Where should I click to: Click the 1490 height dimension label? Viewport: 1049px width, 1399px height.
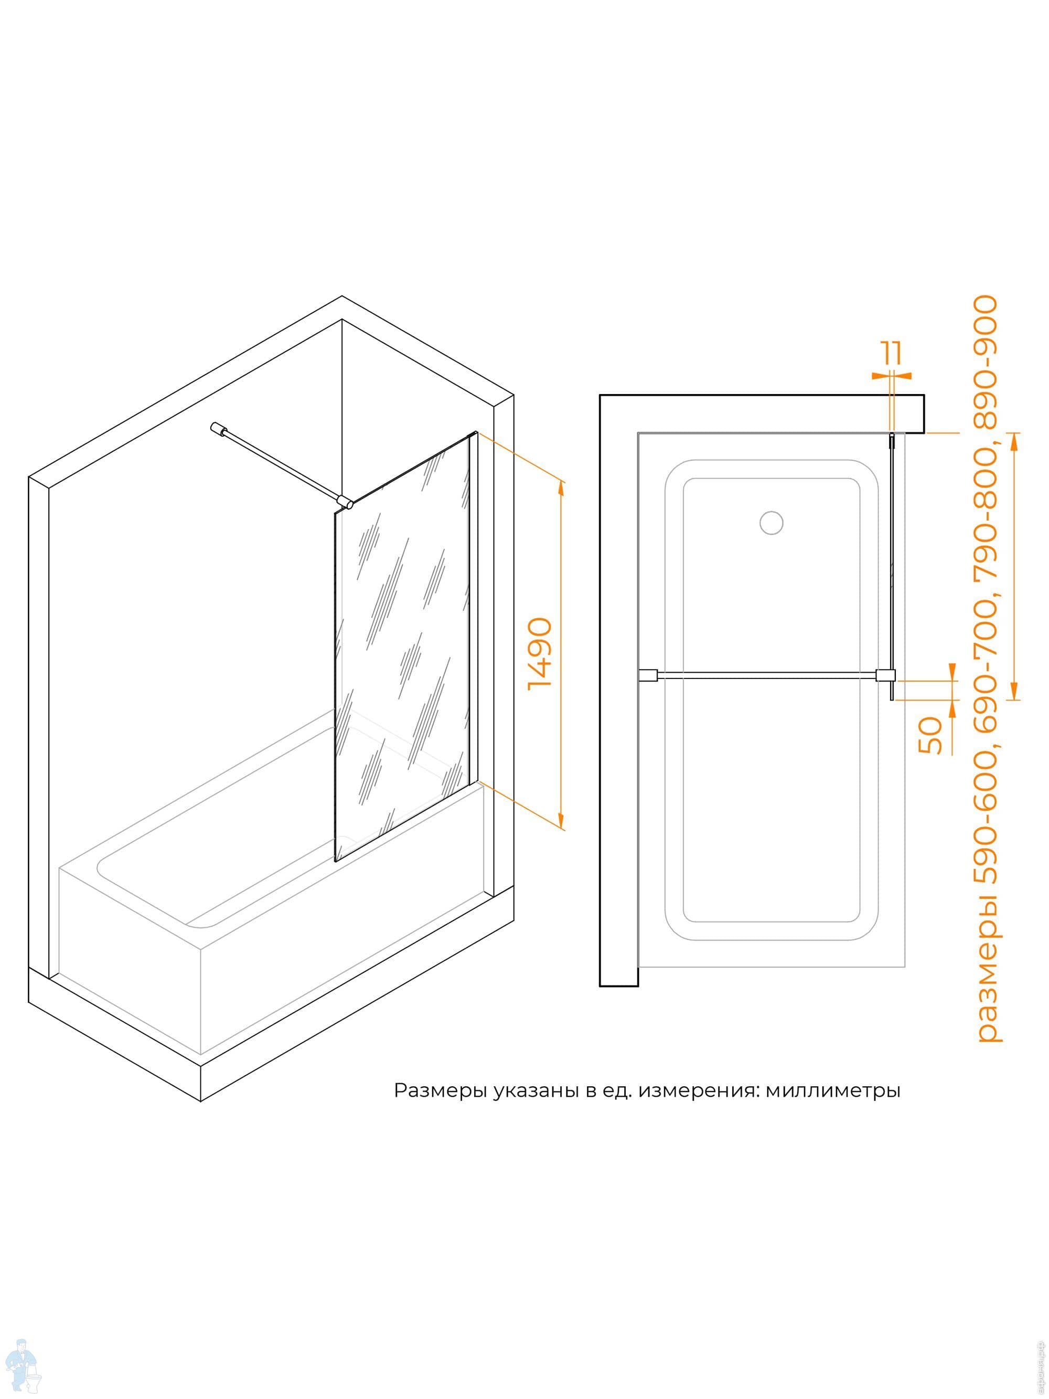coord(540,653)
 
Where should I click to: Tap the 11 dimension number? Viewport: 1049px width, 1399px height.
coord(893,353)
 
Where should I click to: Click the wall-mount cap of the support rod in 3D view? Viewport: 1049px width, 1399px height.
coord(218,428)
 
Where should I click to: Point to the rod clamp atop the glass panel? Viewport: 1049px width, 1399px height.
coord(345,503)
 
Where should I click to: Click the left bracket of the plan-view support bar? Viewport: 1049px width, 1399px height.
coord(649,675)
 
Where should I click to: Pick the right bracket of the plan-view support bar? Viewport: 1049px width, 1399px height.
coord(884,675)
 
